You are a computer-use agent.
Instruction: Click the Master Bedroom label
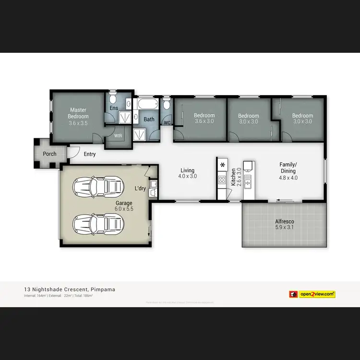tap(78, 113)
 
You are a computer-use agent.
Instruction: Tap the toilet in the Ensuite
tap(112, 99)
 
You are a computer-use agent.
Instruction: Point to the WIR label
tap(118, 136)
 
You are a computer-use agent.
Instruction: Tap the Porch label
tap(49, 154)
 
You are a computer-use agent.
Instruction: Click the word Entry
tap(90, 154)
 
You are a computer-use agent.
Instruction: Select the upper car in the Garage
tap(96, 185)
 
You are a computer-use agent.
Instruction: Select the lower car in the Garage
tap(96, 223)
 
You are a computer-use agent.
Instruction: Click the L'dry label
tap(140, 188)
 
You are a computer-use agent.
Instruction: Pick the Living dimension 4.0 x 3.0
tap(187, 177)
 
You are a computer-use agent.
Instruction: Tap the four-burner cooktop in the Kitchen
tap(222, 180)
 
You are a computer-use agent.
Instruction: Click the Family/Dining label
tap(288, 168)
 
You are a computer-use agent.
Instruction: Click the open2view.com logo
tap(312, 294)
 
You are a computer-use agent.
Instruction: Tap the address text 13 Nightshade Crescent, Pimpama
tap(69, 289)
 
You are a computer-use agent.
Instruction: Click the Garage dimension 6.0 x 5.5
tap(123, 209)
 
